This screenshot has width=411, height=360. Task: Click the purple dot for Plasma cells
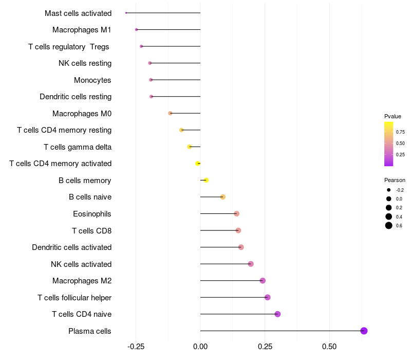(x=364, y=331)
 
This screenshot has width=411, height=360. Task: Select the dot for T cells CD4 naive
(x=277, y=314)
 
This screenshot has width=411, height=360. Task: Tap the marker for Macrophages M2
(x=263, y=281)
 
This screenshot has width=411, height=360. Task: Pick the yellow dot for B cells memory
(x=206, y=180)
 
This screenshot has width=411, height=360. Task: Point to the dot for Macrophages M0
(x=170, y=113)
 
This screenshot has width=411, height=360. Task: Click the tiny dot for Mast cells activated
(x=126, y=13)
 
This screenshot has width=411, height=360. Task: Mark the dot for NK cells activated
(x=251, y=264)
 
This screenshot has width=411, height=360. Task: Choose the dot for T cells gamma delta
(x=190, y=147)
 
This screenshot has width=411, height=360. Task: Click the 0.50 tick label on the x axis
(x=329, y=347)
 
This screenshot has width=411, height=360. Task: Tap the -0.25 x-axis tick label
(x=136, y=347)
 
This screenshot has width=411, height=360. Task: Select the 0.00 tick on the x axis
(x=200, y=347)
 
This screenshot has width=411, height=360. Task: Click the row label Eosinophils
(x=92, y=214)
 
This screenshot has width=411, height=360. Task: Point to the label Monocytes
(x=92, y=80)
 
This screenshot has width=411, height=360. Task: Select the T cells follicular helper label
(x=74, y=298)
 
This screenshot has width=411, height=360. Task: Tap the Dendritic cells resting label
(x=76, y=97)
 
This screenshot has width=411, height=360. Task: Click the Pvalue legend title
(x=393, y=116)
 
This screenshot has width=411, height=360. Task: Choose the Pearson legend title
(x=395, y=180)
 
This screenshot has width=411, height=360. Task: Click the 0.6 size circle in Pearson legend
(x=389, y=225)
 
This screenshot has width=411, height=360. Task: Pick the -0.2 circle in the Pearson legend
(x=389, y=190)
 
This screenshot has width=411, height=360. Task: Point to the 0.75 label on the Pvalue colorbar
(x=400, y=132)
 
